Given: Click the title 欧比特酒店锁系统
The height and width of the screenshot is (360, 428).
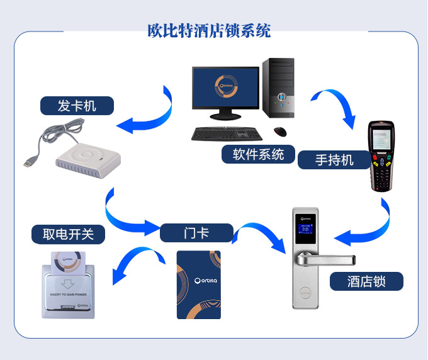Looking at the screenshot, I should point(209,30).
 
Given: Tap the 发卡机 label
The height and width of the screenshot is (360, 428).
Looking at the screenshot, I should point(77,106).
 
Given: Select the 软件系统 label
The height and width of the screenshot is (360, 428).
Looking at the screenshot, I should point(258,154).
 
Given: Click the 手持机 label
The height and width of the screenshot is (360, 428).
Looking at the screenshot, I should point(334,160).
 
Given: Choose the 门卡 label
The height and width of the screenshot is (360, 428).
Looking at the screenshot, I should point(196,233).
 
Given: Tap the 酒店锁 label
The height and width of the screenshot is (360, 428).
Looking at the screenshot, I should point(366,281).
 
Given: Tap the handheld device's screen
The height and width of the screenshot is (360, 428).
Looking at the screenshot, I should point(382,140).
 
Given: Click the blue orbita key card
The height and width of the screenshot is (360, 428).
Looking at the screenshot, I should point(198,284).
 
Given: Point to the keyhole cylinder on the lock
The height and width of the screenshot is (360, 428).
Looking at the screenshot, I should point(306,292).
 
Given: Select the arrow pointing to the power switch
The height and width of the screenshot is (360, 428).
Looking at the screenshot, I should point(129,264).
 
